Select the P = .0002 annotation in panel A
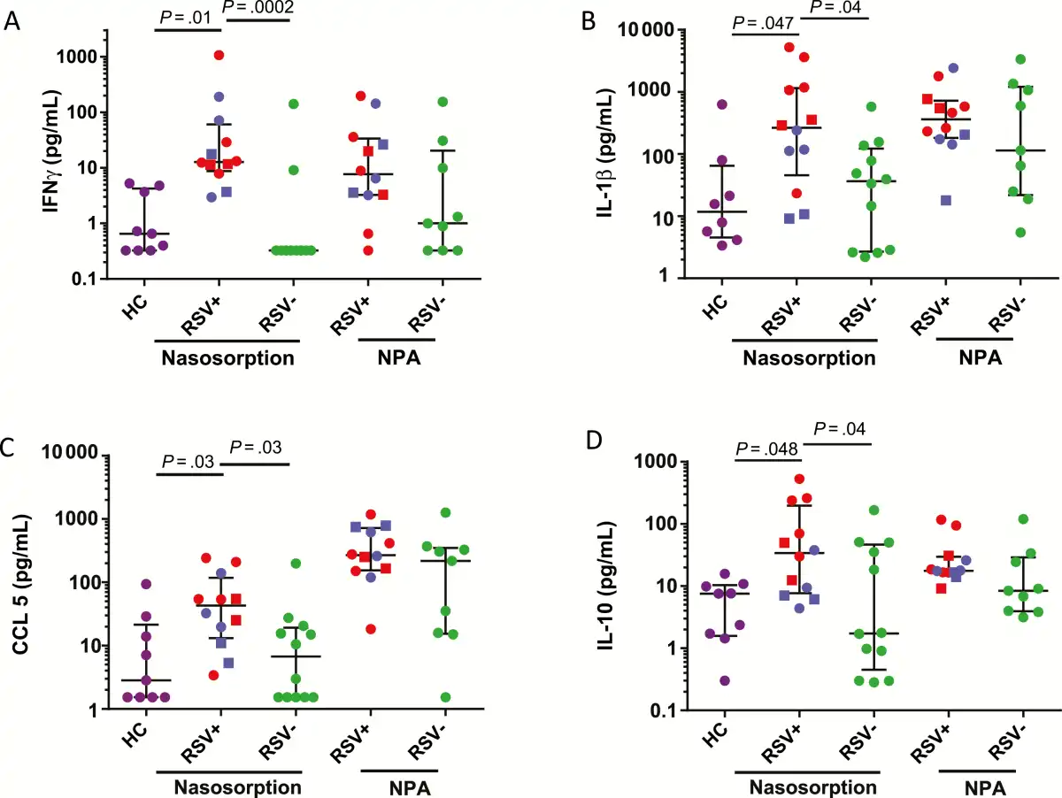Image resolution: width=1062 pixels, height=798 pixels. pos(258,9)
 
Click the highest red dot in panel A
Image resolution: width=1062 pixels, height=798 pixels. pos(218,56)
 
